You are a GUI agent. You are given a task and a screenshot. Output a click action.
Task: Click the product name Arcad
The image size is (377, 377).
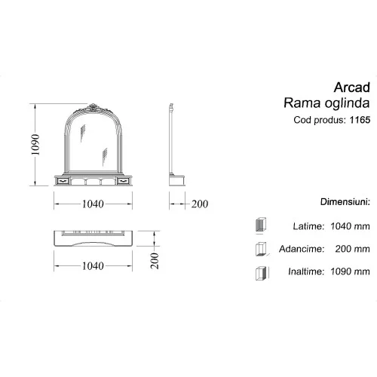pos(352,87)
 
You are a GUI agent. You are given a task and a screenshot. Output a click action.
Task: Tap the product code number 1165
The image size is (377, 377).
pos(360,119)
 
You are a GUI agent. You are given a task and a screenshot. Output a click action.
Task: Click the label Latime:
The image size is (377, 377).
pos(308,225)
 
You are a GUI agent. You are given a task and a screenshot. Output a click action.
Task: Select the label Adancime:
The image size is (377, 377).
pos(302,248)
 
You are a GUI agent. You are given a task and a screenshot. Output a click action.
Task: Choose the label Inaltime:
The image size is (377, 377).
pos(305,271)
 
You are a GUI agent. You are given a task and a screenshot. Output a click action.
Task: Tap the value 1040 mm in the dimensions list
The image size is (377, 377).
pos(351,225)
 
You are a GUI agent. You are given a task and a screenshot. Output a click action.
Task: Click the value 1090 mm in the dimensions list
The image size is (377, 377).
pos(351,271)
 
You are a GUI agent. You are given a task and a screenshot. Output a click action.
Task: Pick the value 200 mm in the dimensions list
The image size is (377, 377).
pos(354,248)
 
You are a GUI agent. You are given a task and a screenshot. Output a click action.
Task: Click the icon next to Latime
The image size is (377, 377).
pos(261,225)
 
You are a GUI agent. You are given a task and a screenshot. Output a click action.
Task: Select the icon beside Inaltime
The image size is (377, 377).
pos(261,271)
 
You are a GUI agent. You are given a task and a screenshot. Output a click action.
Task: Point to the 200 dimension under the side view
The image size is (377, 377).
pos(200,204)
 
